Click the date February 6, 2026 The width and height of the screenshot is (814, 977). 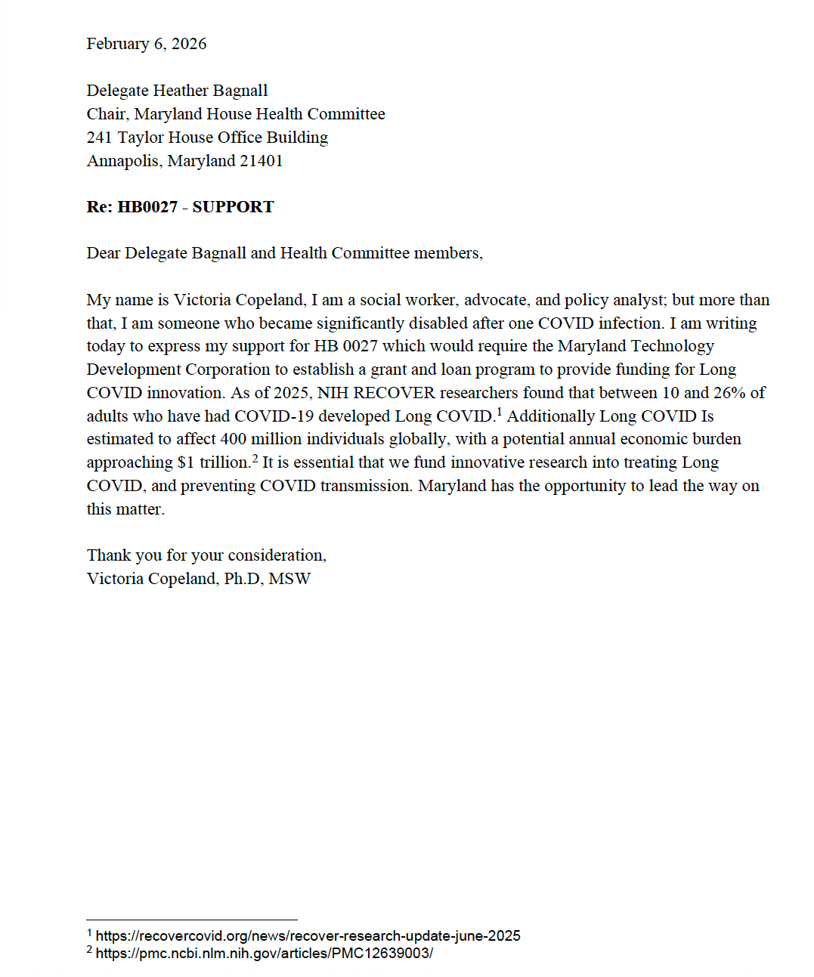tap(147, 44)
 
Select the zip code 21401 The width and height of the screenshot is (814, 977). tap(262, 161)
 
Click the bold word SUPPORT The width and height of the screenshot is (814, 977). tap(233, 207)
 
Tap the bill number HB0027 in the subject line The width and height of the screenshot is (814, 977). tap(147, 207)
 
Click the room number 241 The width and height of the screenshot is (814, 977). tap(99, 138)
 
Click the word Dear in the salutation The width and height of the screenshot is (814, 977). tap(104, 253)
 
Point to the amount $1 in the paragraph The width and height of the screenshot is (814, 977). tap(186, 462)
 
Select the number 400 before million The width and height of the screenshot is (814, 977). tap(234, 439)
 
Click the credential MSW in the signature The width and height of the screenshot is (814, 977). tap(289, 579)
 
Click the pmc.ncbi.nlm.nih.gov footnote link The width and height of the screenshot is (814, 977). tap(265, 954)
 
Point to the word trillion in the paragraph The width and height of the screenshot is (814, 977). tap(224, 462)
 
